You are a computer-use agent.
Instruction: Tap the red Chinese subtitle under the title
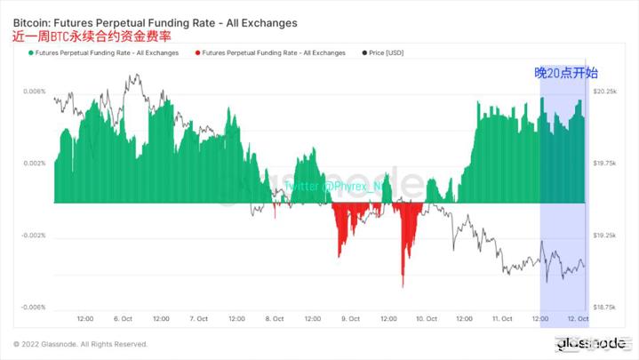point(92,36)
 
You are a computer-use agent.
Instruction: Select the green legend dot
point(32,53)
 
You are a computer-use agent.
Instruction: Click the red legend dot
point(197,53)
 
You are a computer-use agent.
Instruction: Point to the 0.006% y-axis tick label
point(33,92)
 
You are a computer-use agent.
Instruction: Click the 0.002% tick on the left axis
point(33,164)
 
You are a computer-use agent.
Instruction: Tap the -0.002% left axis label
point(32,236)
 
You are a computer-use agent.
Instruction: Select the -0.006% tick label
point(32,308)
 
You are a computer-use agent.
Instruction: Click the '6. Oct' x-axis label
point(124,318)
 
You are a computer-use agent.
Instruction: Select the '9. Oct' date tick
point(350,318)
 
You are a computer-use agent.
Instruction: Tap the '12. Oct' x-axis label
point(578,318)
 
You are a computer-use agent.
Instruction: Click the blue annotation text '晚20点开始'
point(565,73)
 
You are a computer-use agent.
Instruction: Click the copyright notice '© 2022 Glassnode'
point(80,344)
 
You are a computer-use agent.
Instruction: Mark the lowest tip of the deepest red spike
point(403,287)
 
